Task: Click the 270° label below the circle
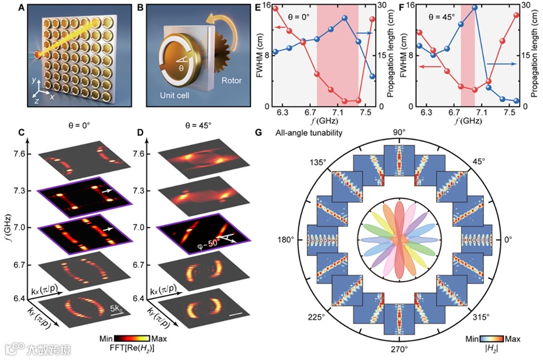(400, 349)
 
